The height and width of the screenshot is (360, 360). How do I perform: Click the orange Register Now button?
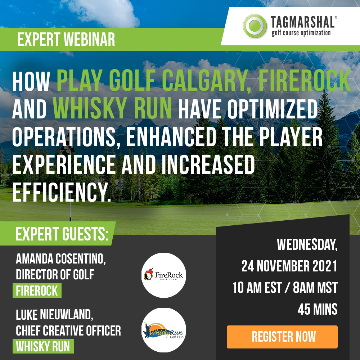pos(282,337)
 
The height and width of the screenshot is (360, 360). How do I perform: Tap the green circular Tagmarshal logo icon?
pos(255,26)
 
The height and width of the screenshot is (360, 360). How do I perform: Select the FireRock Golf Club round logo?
pos(164,275)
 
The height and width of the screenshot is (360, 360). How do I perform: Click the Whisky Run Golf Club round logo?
pos(164,330)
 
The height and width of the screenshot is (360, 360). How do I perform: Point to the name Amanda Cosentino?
pos(60,259)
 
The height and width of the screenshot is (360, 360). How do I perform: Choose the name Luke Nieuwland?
pos(54,315)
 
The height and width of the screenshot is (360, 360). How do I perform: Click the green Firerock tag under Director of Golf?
pos(37,291)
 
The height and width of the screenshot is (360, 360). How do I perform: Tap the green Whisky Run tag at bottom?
pos(43,346)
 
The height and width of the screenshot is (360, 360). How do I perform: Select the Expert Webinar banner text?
pos(66,39)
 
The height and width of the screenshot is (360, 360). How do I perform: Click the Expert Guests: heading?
pos(62,234)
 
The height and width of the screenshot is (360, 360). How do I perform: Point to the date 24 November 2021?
pos(289,266)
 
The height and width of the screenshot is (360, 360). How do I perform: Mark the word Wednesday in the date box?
pos(307,244)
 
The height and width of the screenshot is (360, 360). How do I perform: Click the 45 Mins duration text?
pos(318,309)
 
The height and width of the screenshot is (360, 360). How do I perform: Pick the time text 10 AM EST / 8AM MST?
pos(285,288)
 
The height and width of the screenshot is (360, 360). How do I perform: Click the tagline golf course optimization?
pos(301,33)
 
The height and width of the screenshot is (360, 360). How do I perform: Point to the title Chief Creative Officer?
pos(68,330)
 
